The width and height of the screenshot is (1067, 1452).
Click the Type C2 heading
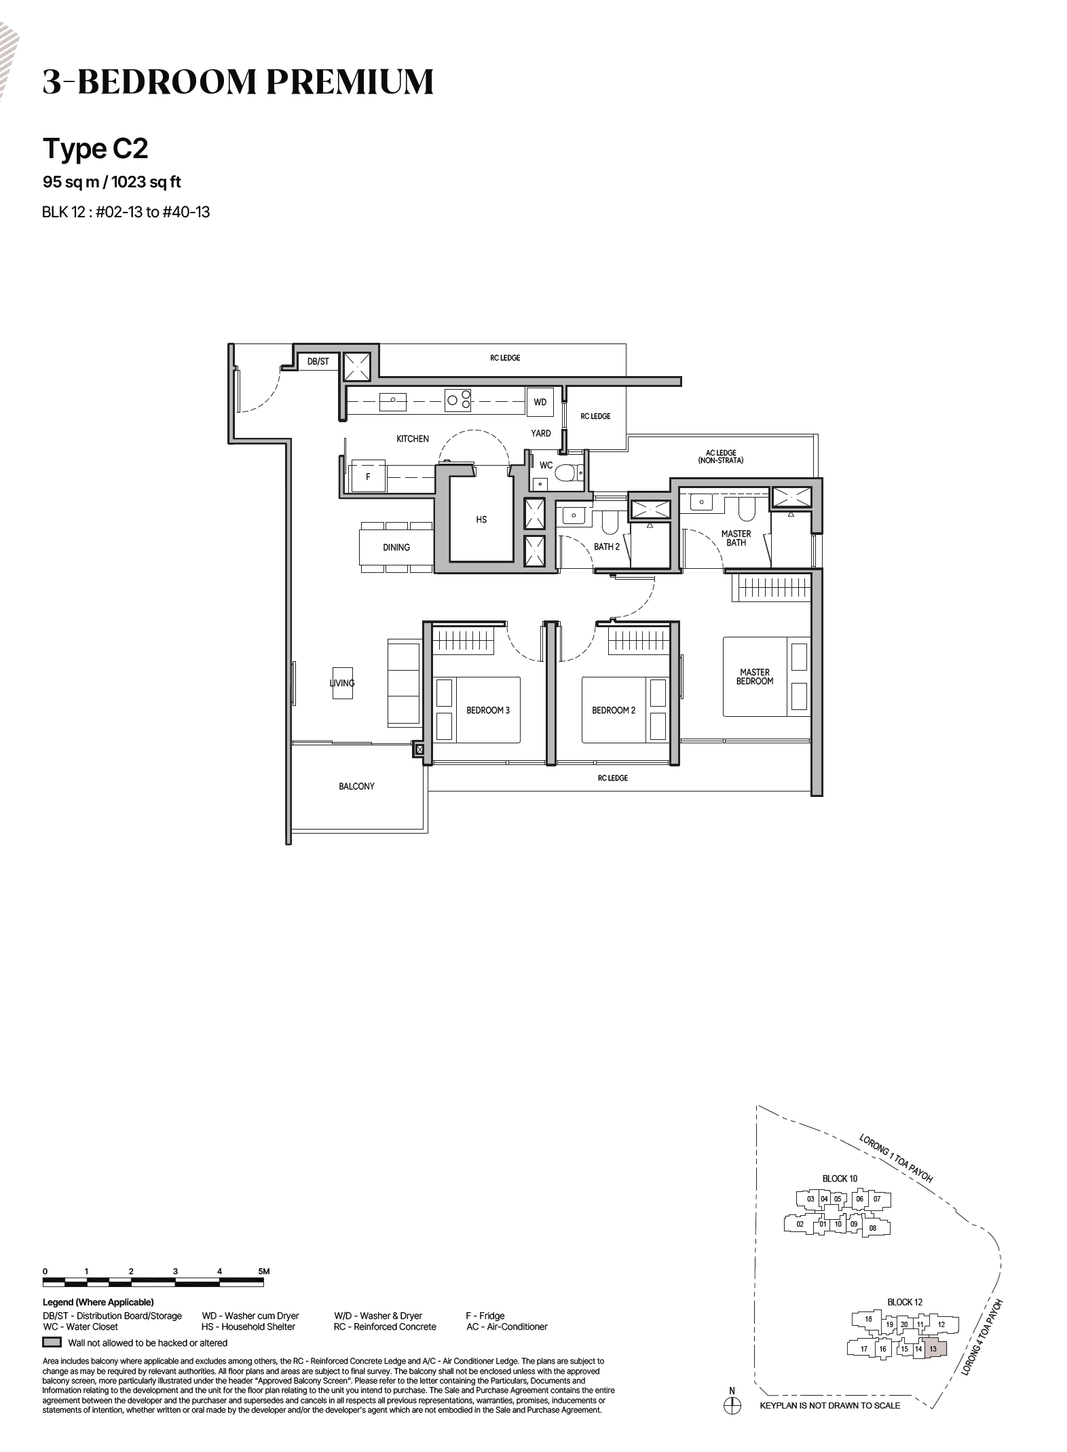96,149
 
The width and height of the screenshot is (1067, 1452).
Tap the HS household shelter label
481,519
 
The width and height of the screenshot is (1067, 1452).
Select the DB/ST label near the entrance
318,362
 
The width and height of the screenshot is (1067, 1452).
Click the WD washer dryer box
540,402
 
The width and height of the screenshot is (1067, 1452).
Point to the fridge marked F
368,477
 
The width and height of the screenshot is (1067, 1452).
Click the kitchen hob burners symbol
459,400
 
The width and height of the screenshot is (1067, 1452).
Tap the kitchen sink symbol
392,401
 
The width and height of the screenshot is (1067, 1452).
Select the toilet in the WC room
567,472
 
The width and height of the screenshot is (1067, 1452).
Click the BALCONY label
356,786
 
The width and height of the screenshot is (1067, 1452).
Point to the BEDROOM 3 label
487,710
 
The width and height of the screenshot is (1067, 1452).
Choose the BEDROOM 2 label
614,710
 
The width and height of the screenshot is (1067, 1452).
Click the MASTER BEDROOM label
755,677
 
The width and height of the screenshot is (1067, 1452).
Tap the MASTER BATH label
736,538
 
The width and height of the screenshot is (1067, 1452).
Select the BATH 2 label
607,546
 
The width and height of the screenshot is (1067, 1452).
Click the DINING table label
396,547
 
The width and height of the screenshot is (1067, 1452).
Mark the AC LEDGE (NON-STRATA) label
720,457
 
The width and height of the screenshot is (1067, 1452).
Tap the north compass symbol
732,1406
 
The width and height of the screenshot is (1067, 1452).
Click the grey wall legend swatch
52,1343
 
